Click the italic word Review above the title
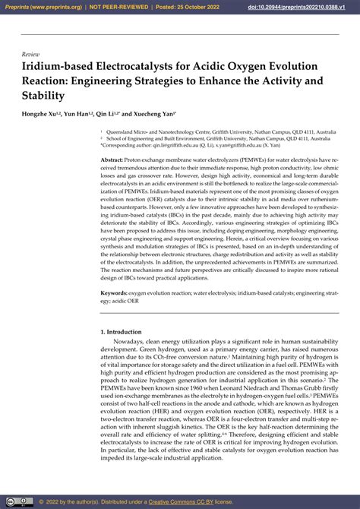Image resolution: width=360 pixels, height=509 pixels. pyautogui.click(x=30, y=55)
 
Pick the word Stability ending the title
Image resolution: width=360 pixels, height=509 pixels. pyautogui.click(x=43, y=96)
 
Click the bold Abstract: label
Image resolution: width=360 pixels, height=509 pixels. pyautogui.click(x=112, y=161)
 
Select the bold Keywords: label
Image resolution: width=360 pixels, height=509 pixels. pyautogui.click(x=115, y=292)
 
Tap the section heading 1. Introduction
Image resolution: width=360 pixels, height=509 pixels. pyautogui.click(x=122, y=332)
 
